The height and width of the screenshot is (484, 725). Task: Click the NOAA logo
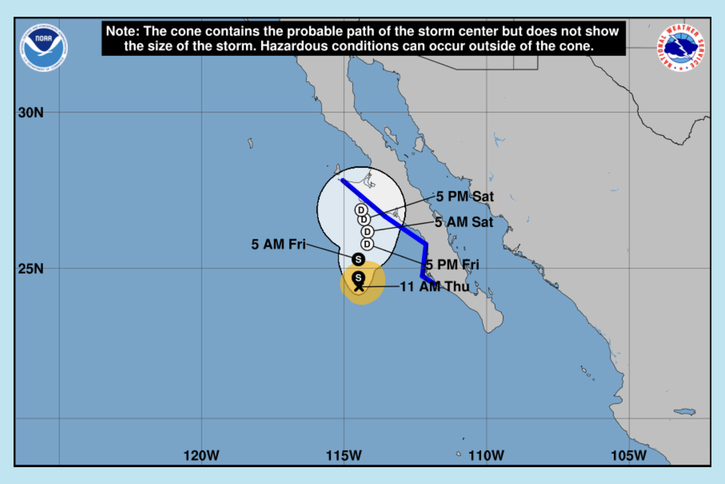43,48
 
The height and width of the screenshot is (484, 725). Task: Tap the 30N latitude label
31,113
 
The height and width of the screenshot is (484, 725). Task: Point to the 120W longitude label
201,456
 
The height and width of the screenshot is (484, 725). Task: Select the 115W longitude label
344,456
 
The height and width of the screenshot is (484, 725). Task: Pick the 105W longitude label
629,456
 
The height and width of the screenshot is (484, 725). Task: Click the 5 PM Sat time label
465,197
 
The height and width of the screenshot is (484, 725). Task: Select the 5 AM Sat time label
464,222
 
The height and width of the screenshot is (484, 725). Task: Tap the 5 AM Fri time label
278,244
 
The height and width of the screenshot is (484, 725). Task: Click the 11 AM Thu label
434,287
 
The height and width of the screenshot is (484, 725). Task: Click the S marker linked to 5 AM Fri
358,259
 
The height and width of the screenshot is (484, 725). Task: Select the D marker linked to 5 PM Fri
367,244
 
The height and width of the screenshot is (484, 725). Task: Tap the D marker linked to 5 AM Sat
367,232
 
